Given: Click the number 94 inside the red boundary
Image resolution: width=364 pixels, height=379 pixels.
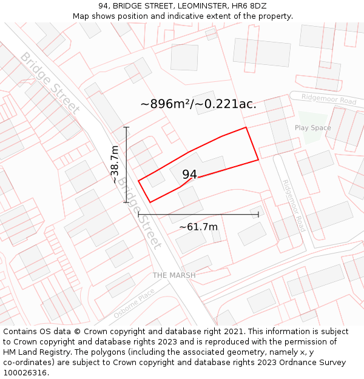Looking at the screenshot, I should point(189,175).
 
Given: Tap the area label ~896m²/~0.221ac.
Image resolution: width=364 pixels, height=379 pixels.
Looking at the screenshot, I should point(198,104).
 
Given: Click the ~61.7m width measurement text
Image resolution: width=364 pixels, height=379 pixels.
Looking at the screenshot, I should point(198,227).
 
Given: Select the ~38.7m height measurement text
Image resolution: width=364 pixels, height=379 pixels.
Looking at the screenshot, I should point(115,164).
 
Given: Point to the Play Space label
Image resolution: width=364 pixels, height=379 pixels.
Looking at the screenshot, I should point(312,128).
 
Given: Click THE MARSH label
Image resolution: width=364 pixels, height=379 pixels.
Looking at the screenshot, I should point(174,275).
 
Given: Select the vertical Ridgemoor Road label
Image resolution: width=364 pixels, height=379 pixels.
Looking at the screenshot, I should point(294,206).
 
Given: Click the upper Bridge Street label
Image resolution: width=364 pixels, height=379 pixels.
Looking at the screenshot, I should point(50,83).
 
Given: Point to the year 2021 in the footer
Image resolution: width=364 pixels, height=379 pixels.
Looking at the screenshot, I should point(234,332).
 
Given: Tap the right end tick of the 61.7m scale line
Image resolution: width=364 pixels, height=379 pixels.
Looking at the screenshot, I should point(258,214).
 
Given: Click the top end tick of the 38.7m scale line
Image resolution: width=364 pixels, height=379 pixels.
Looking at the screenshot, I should point(126,127).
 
